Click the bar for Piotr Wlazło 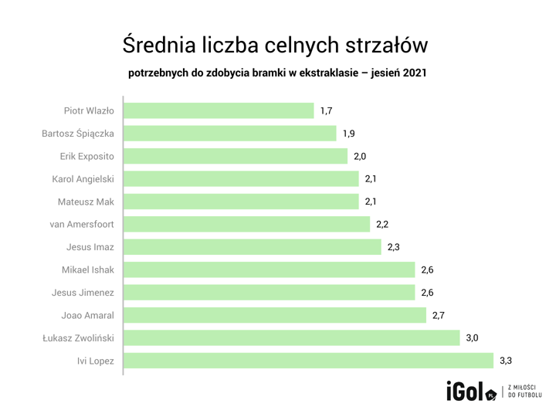219,111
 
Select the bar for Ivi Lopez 308,361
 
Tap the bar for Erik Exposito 236,157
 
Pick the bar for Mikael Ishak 270,270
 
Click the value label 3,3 507,361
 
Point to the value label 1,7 326,111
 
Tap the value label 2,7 438,316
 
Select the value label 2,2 382,225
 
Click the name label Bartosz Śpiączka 78,134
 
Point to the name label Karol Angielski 83,179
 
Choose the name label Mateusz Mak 86,202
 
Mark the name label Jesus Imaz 90,248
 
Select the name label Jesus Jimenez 83,293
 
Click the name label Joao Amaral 87,316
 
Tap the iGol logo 470,392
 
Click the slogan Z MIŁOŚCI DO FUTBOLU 525,392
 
